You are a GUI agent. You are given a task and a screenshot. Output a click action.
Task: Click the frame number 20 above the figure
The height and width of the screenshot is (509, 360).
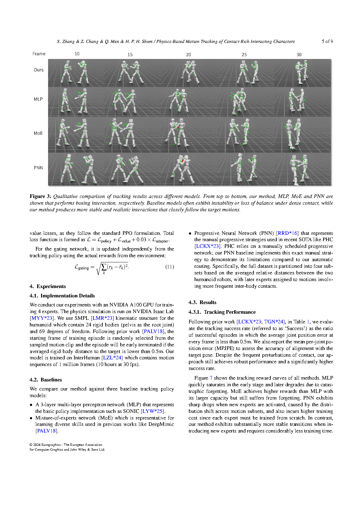click(189, 55)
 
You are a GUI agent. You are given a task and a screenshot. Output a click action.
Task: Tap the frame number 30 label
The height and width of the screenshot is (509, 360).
click(299, 55)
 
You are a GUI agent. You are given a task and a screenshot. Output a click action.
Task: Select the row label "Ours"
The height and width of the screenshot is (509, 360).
click(39, 70)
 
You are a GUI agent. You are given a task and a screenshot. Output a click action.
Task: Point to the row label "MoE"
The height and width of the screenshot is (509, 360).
click(38, 133)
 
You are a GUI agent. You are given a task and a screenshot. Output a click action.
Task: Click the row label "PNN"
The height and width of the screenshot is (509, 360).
click(38, 168)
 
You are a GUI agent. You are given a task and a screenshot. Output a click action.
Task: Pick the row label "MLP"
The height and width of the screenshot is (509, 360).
click(38, 99)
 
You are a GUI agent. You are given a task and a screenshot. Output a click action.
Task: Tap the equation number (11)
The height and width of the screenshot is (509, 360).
click(170, 267)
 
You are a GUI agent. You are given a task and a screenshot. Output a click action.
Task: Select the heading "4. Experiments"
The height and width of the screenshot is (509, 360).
click(48, 287)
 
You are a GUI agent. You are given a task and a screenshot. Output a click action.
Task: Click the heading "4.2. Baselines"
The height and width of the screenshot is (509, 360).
click(46, 380)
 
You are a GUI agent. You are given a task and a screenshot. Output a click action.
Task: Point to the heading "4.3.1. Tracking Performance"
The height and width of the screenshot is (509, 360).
click(222, 312)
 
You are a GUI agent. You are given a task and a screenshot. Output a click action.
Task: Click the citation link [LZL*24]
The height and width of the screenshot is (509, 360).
click(112, 358)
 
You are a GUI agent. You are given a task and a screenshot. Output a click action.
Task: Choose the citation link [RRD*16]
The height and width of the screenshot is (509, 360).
click(287, 233)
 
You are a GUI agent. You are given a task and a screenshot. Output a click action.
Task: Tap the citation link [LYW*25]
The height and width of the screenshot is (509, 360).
click(153, 411)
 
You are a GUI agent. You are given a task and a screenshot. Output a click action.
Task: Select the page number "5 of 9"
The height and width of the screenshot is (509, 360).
click(327, 41)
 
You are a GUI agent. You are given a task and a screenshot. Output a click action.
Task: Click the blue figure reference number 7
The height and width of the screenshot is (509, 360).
click(211, 378)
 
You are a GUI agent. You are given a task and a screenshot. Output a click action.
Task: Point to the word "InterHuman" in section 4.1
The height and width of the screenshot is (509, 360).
click(87, 358)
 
